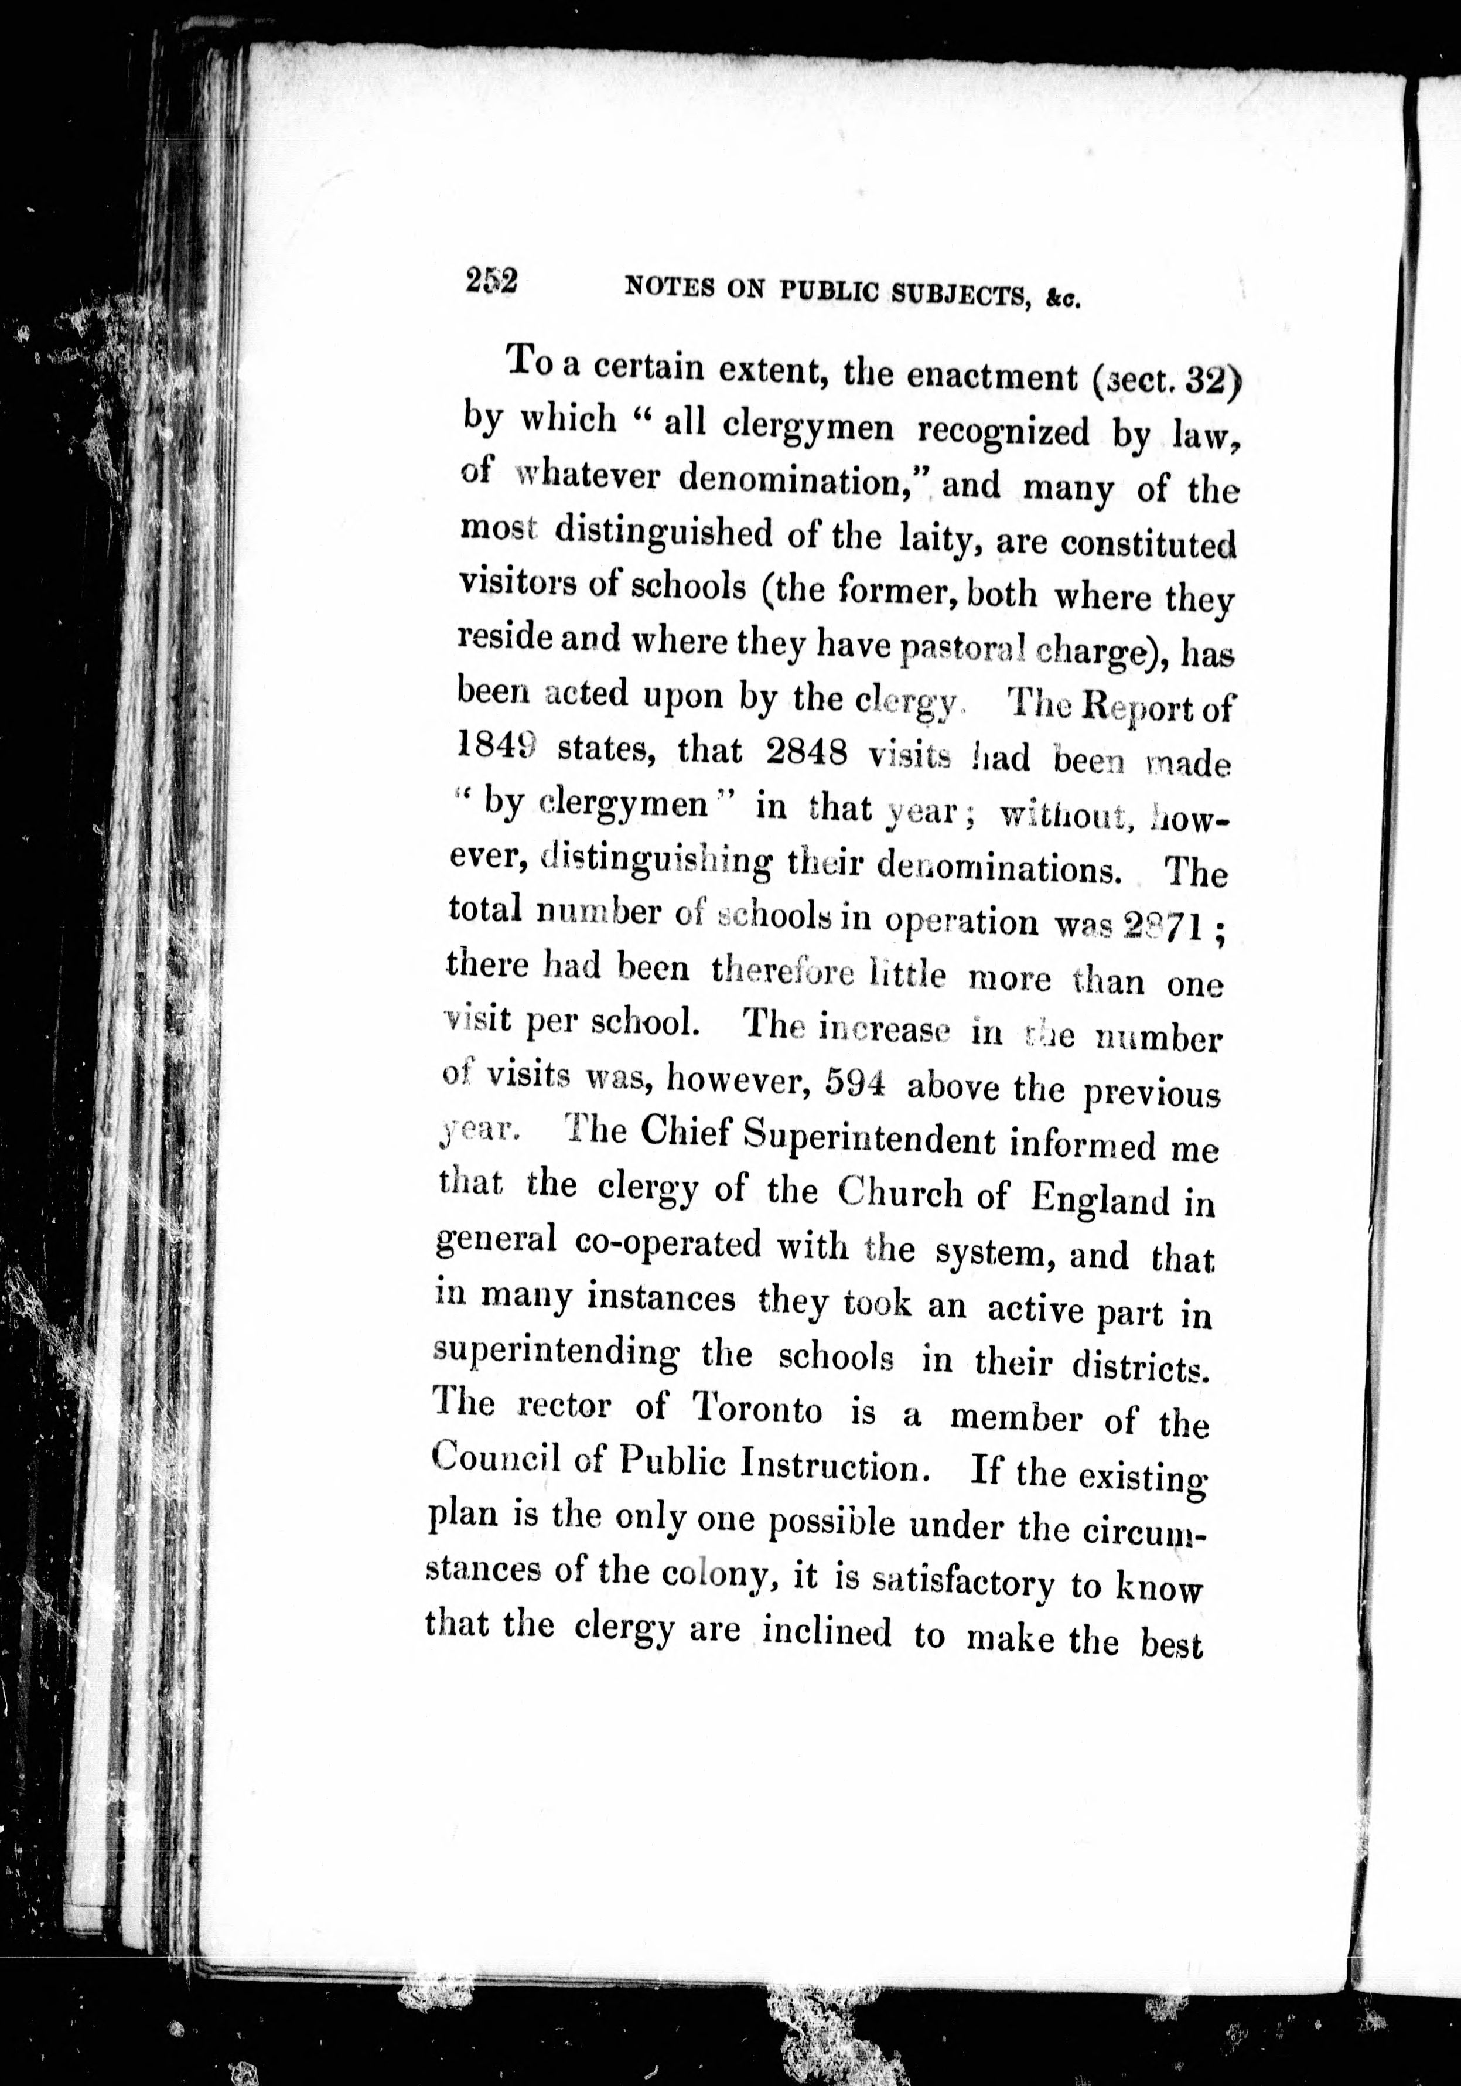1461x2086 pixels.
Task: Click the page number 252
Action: (x=491, y=281)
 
